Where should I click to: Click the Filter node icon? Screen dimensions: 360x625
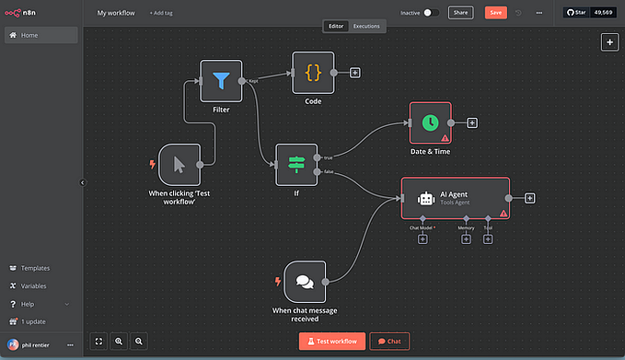(x=221, y=81)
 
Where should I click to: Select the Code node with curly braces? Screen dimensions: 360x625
(x=313, y=73)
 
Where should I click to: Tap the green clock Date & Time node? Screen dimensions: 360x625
(x=430, y=122)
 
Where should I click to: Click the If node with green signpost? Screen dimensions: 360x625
(x=295, y=165)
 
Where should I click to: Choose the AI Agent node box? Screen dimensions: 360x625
(x=455, y=198)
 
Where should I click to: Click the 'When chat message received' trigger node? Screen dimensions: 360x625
(x=305, y=282)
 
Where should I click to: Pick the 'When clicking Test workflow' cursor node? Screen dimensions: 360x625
(x=179, y=165)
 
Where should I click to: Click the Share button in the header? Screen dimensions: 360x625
(x=460, y=13)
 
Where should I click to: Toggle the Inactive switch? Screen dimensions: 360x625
(x=430, y=13)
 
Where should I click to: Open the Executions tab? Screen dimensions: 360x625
(x=366, y=27)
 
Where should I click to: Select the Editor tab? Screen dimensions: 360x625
(x=337, y=27)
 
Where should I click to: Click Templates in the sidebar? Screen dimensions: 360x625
(x=35, y=268)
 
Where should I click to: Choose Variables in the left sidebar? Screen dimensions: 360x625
(x=34, y=285)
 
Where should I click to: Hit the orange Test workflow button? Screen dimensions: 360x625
(x=331, y=341)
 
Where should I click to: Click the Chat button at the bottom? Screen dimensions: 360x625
(x=389, y=341)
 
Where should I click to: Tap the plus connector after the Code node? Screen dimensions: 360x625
(x=355, y=73)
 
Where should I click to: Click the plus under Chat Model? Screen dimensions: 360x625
(x=422, y=239)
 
